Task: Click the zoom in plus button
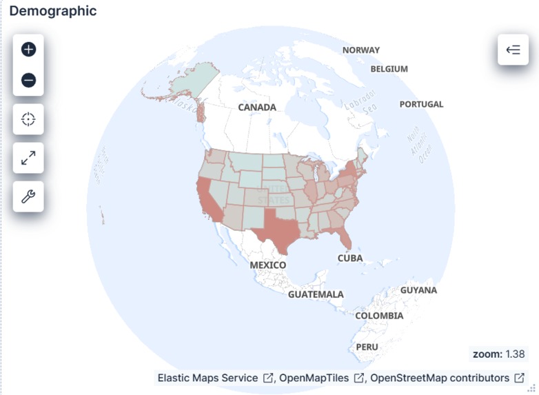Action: point(28,50)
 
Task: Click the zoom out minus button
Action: point(28,81)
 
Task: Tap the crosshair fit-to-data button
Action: point(28,119)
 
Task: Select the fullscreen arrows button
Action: point(28,158)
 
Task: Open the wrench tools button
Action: point(28,196)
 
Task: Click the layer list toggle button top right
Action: point(513,50)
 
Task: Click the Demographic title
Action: point(53,11)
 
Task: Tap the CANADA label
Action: point(257,108)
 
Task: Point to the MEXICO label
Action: point(267,265)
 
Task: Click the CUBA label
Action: point(350,258)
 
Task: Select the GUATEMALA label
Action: point(316,294)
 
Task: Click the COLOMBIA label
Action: point(379,316)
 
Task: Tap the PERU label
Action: point(367,347)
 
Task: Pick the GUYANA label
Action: point(418,290)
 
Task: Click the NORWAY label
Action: point(361,50)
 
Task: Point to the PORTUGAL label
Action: point(421,104)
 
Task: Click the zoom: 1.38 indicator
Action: point(498,354)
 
